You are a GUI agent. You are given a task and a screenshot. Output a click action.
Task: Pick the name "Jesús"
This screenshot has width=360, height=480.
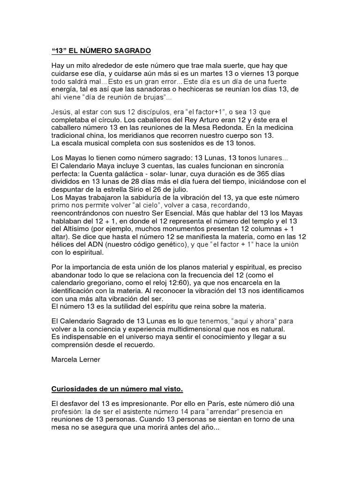point(62,112)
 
